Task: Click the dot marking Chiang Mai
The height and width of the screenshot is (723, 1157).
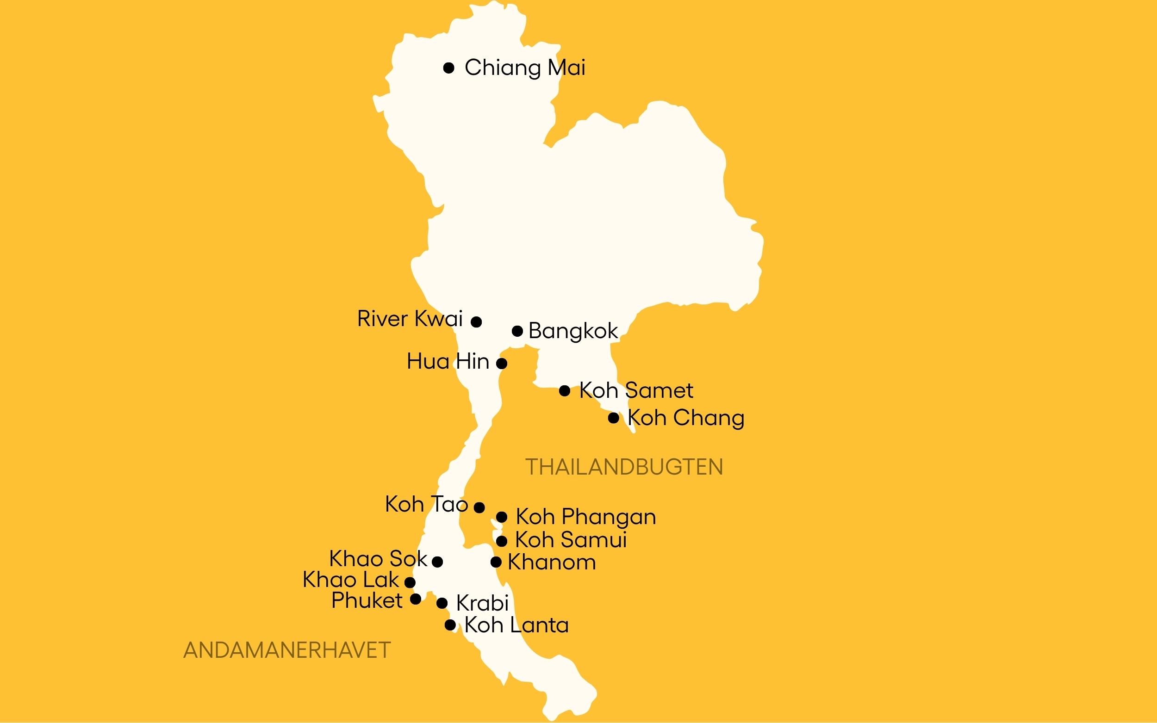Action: click(448, 68)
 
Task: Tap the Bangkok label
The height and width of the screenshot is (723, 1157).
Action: click(573, 331)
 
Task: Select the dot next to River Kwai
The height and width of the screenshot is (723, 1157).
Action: click(476, 322)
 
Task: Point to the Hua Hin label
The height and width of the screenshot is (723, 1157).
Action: click(448, 362)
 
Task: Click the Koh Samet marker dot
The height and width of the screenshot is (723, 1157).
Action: click(565, 391)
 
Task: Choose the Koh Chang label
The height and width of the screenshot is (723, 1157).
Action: click(686, 418)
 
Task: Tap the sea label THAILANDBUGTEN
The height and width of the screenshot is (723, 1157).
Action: click(624, 467)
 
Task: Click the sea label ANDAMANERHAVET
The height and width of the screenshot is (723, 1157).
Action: click(287, 650)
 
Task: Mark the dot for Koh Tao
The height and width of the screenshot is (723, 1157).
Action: click(479, 507)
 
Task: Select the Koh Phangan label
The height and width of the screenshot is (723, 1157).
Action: click(586, 517)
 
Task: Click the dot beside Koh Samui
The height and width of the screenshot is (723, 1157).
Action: click(501, 541)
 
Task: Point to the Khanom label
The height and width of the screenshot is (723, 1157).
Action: click(552, 562)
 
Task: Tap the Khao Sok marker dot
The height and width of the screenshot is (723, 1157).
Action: click(437, 562)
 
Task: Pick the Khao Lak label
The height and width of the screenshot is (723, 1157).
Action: click(351, 580)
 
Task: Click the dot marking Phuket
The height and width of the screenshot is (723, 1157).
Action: click(416, 599)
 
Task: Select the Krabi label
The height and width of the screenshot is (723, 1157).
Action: click(482, 603)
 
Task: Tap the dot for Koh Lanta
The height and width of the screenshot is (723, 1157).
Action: click(450, 624)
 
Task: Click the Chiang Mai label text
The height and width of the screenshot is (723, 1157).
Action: click(525, 68)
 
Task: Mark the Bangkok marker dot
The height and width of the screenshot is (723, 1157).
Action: click(517, 331)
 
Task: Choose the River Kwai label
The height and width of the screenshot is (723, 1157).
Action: click(410, 319)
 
